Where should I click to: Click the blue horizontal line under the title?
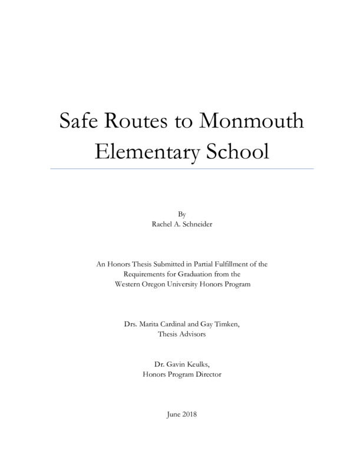(x=182, y=169)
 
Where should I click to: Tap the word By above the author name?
(x=181, y=213)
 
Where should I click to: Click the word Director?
(x=207, y=375)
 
